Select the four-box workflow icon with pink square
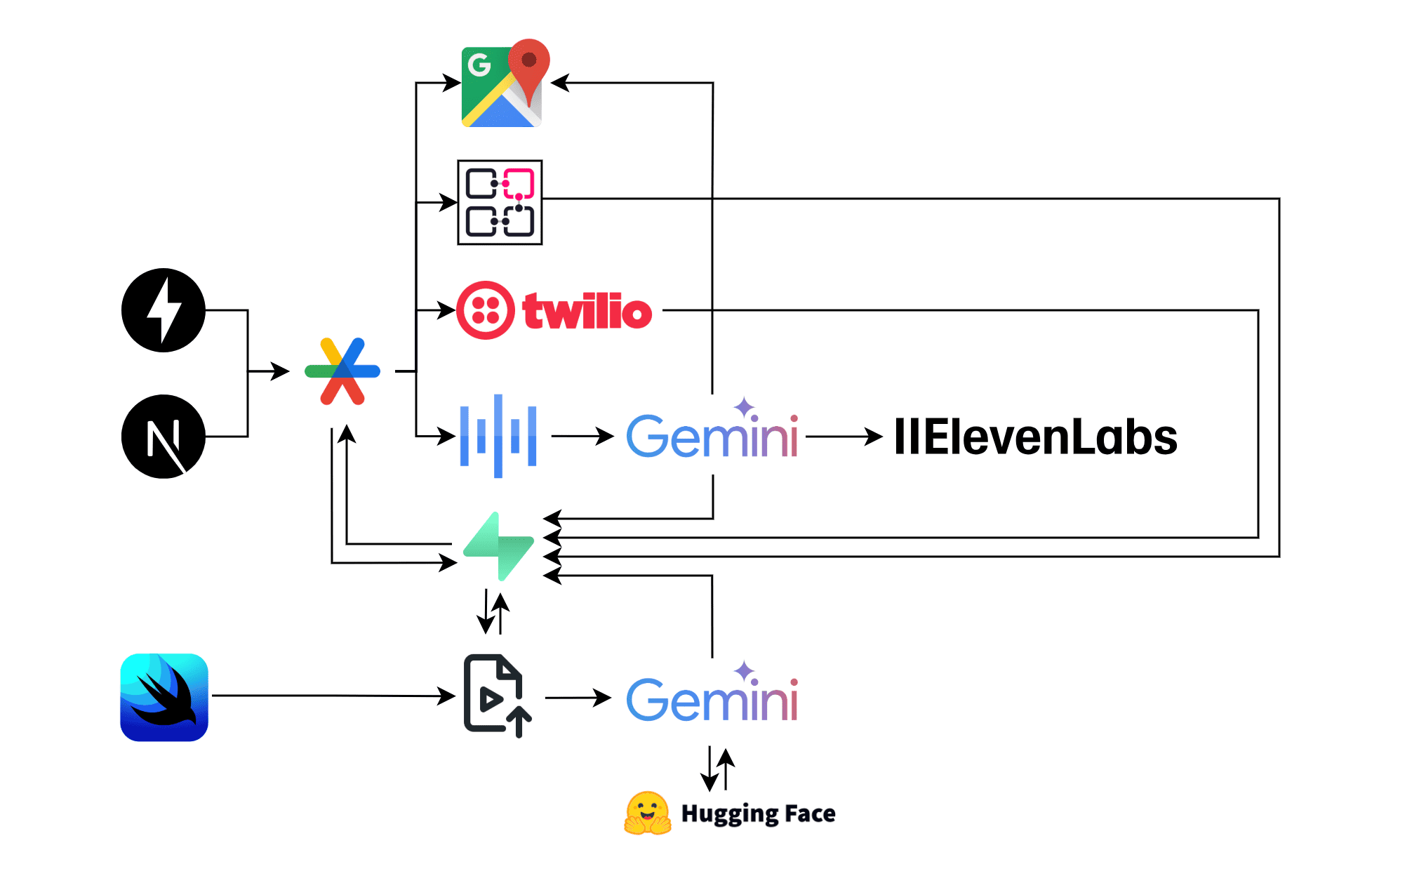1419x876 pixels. click(x=500, y=202)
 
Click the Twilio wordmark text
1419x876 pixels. click(x=587, y=312)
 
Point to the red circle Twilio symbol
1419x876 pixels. click(x=485, y=310)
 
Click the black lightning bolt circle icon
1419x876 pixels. click(x=164, y=310)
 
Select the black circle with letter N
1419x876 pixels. click(x=164, y=437)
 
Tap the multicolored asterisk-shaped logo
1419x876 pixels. click(x=342, y=371)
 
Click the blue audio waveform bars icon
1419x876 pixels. click(x=498, y=436)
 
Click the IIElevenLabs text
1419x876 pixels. click(x=1035, y=437)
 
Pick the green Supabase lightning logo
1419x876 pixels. click(x=499, y=547)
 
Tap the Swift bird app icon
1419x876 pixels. click(x=164, y=697)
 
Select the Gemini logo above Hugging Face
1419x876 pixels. click(x=712, y=697)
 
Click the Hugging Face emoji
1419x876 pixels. click(x=647, y=814)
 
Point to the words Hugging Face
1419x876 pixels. click(x=758, y=814)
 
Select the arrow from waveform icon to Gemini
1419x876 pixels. click(x=582, y=436)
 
